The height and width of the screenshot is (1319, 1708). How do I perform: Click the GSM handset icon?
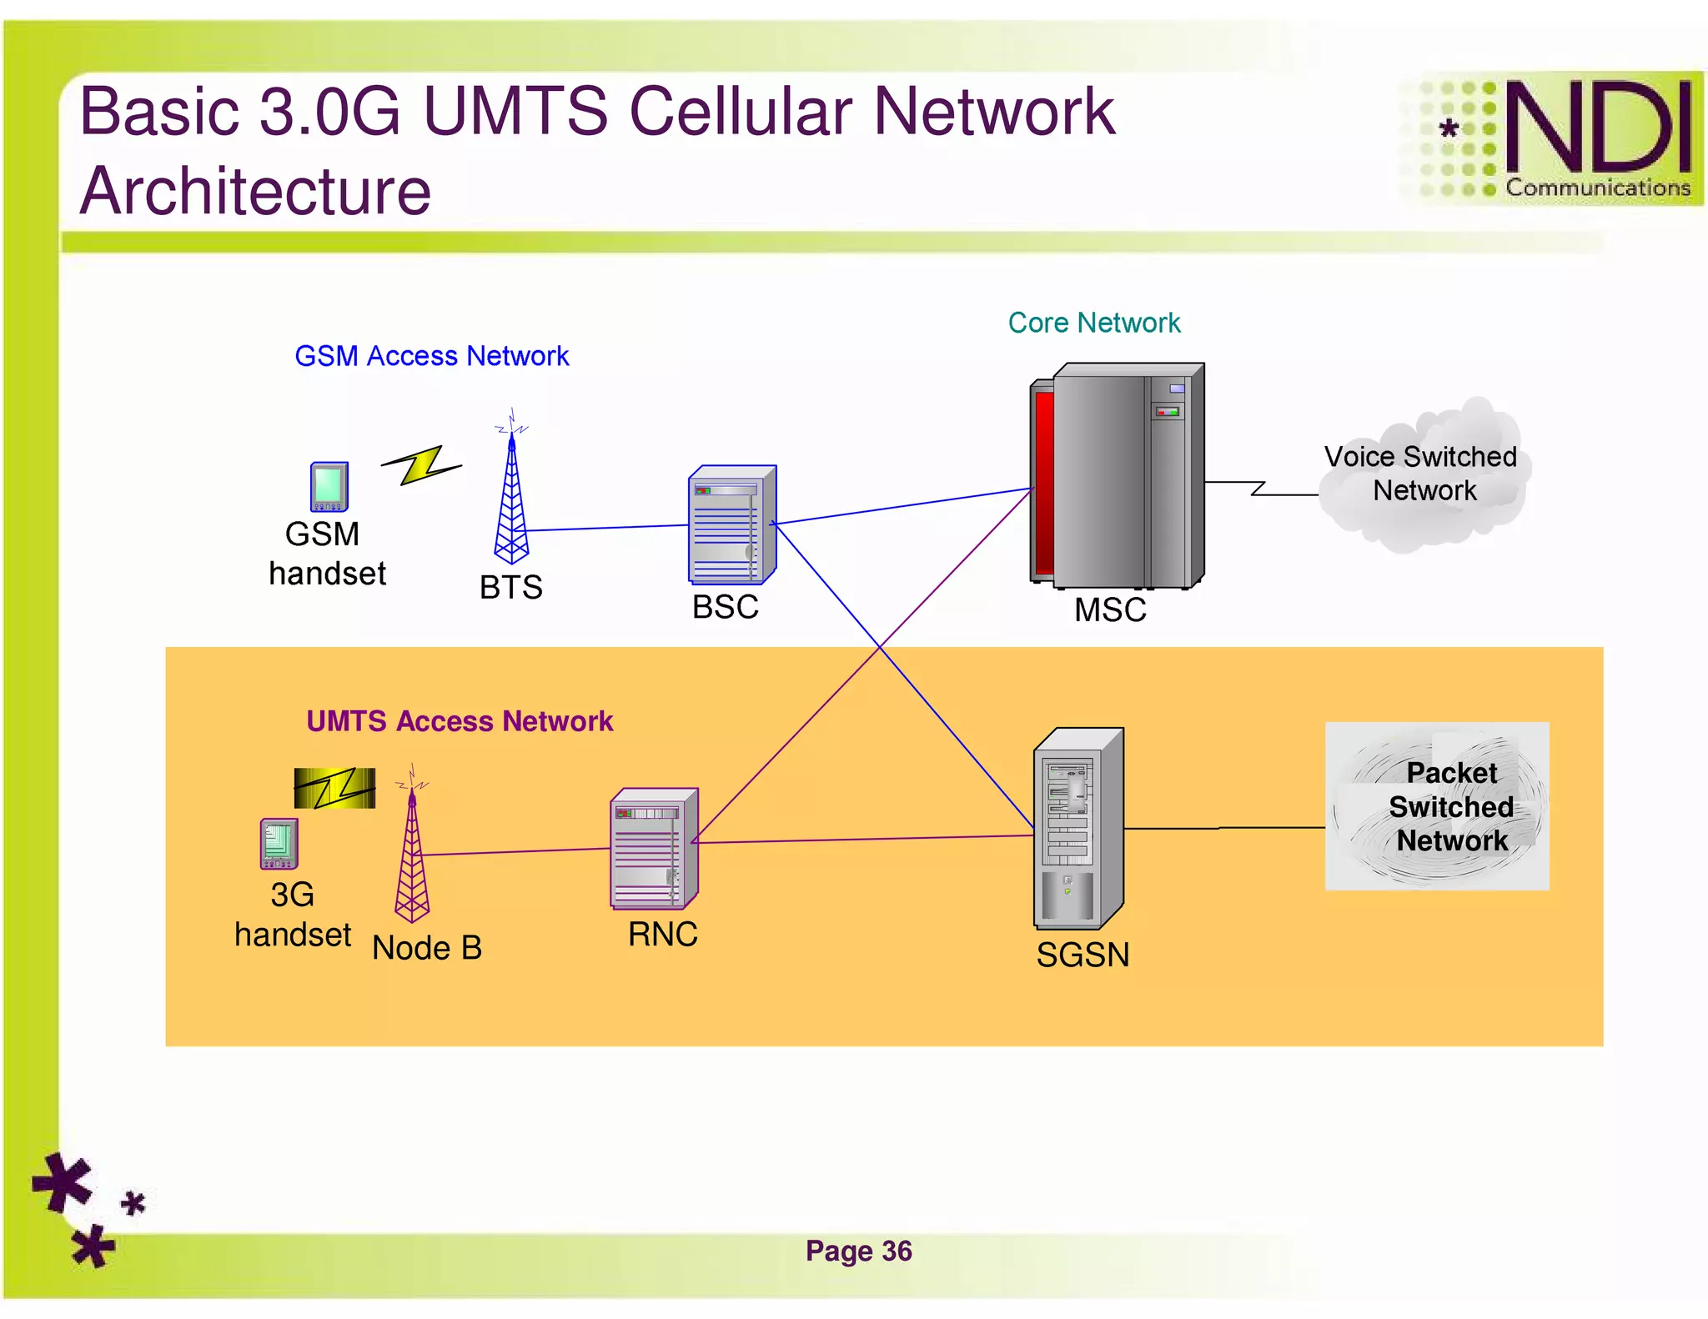(x=329, y=486)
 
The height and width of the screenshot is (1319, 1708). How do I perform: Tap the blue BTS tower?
(x=511, y=500)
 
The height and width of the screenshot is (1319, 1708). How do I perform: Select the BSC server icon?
(x=731, y=525)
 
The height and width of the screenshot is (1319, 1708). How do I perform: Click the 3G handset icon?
(x=279, y=843)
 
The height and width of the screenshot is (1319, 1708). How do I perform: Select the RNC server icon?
(x=653, y=849)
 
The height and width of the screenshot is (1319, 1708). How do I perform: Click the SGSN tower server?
(x=1078, y=829)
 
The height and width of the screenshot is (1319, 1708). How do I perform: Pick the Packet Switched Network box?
(x=1436, y=806)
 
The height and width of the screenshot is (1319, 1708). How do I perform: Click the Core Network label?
(x=1093, y=323)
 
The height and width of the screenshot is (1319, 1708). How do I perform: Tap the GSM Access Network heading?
(x=431, y=356)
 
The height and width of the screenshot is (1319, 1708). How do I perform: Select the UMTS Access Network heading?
(x=460, y=721)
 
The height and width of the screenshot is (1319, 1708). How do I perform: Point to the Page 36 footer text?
(x=858, y=1251)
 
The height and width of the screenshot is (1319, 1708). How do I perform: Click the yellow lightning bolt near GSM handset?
(x=421, y=464)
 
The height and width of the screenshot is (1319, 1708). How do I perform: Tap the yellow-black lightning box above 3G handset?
(x=334, y=788)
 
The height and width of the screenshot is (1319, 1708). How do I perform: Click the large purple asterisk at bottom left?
(x=63, y=1181)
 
